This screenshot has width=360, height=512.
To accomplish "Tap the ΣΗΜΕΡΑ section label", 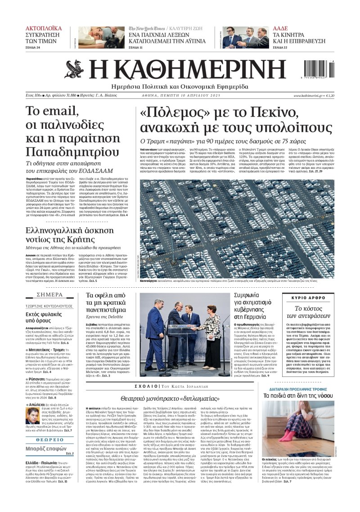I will [x=50, y=295].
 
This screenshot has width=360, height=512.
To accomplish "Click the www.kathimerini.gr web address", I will [x=308, y=95].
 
